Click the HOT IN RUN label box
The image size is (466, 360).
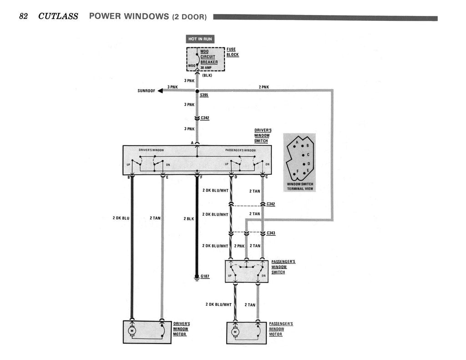point(200,39)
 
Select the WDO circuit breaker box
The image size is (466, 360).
point(206,59)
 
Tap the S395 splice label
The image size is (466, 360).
point(204,96)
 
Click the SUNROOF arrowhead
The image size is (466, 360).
point(160,91)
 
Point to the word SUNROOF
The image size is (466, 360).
point(146,91)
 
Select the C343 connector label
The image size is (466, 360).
point(271,233)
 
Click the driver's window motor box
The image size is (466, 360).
point(147,332)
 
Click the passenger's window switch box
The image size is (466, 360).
point(246,271)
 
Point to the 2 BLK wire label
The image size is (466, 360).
point(189,218)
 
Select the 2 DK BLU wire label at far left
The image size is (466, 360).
point(121,218)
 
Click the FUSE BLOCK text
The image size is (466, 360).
point(232,52)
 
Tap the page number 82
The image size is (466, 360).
point(24,16)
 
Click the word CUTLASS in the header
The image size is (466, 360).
point(58,16)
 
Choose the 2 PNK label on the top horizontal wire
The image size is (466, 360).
point(263,86)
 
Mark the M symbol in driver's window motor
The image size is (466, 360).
point(132,330)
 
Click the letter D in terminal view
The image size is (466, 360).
point(309,163)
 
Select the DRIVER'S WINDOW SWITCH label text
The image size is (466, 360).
point(262,135)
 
